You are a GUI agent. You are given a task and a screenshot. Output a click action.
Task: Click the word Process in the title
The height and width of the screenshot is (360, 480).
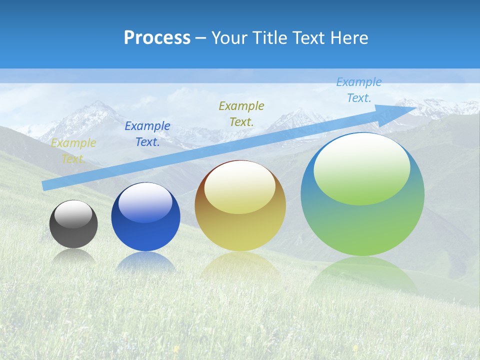pyautogui.click(x=157, y=38)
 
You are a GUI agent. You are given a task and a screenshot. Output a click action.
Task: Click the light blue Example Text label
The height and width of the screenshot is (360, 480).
pyautogui.click(x=359, y=90)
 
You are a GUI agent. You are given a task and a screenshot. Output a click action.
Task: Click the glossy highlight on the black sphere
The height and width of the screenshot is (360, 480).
pyautogui.click(x=73, y=214)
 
